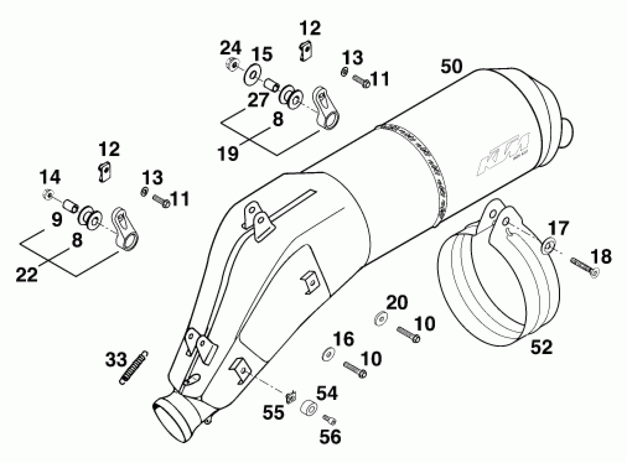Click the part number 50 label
click(451, 67)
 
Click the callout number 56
click(330, 437)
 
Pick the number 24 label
click(231, 48)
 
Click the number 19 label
click(228, 154)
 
